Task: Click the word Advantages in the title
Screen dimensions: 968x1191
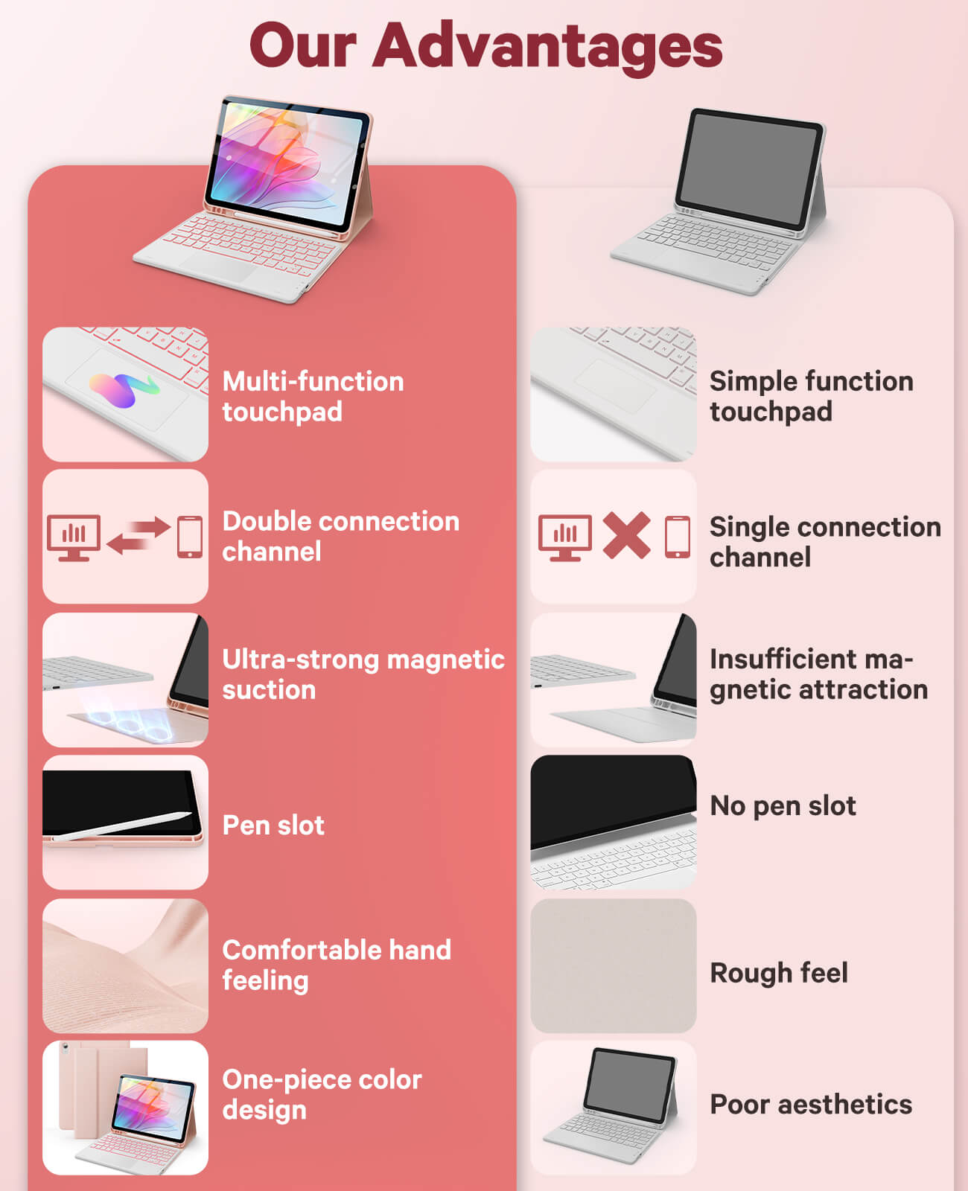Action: pyautogui.click(x=547, y=48)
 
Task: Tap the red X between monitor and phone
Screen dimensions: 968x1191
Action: pyautogui.click(x=626, y=535)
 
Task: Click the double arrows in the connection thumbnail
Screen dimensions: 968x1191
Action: pyautogui.click(x=138, y=535)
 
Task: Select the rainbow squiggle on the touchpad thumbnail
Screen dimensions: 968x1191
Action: pyautogui.click(x=124, y=389)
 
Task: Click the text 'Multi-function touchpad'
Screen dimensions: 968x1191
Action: pyautogui.click(x=313, y=397)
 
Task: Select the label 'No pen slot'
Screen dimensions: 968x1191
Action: pyautogui.click(x=783, y=806)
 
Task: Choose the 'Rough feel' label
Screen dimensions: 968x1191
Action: pyautogui.click(x=779, y=973)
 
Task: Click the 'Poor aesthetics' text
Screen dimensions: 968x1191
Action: pyautogui.click(x=811, y=1105)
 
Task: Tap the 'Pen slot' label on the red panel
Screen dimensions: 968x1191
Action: pyautogui.click(x=273, y=826)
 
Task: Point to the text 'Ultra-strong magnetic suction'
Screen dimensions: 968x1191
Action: pyautogui.click(x=363, y=674)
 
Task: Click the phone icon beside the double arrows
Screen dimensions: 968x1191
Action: pyautogui.click(x=190, y=537)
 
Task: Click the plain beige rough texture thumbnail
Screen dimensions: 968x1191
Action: pyautogui.click(x=614, y=965)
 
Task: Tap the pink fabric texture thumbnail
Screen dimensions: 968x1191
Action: pyautogui.click(x=125, y=965)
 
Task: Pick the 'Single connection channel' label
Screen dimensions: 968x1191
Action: pyautogui.click(x=825, y=542)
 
